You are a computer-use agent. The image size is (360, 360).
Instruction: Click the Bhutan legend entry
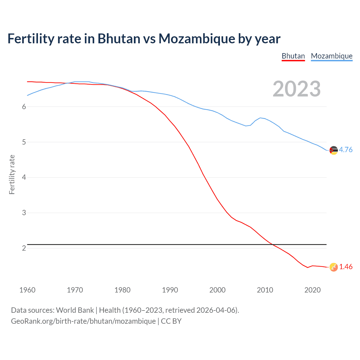[293, 56]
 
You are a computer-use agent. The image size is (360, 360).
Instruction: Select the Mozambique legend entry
[332, 56]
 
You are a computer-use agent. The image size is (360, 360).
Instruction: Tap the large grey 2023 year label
[296, 89]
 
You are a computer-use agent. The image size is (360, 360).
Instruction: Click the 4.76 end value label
[346, 150]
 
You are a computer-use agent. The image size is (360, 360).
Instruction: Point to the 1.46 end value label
[346, 267]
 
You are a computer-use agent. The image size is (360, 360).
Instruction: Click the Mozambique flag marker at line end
[334, 150]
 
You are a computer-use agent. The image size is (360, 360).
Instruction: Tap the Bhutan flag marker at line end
[334, 267]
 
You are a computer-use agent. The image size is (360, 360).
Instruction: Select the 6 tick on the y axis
[24, 107]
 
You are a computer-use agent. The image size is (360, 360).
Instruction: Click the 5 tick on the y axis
[24, 142]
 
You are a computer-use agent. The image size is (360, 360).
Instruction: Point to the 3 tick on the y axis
[24, 213]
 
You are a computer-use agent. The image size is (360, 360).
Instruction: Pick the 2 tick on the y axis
[24, 248]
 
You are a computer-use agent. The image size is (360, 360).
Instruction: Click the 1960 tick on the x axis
[27, 290]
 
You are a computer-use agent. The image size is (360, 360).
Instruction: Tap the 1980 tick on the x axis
[122, 290]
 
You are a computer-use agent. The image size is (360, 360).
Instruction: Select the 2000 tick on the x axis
[217, 290]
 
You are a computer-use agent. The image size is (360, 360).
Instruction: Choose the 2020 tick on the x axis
[312, 290]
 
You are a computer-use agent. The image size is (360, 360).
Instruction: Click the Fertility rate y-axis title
[12, 174]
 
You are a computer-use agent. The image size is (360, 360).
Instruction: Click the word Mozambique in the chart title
[197, 39]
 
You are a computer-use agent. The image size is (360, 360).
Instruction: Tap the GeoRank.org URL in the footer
[83, 321]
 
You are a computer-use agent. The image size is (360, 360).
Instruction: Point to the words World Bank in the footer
[75, 310]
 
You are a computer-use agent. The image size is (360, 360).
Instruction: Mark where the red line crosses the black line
[272, 245]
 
